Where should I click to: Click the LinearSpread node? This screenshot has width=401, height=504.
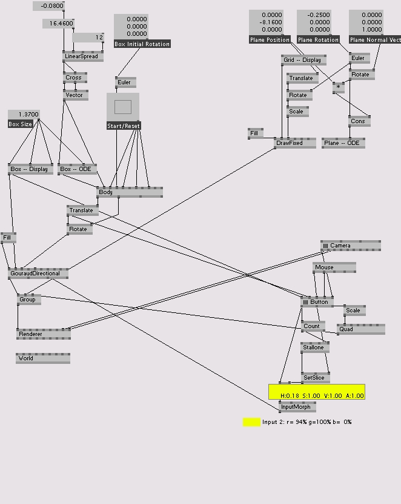83,56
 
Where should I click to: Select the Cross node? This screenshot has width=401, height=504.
76,78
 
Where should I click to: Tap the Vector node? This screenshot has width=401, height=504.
76,95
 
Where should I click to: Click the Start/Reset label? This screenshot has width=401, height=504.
124,126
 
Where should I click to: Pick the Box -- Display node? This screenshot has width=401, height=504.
28,169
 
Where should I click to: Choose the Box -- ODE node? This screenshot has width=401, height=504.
77,169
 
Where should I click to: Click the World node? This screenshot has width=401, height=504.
43,358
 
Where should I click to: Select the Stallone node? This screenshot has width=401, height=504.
315,348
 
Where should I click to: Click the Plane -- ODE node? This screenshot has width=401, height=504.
343,143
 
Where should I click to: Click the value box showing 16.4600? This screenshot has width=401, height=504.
58,24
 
